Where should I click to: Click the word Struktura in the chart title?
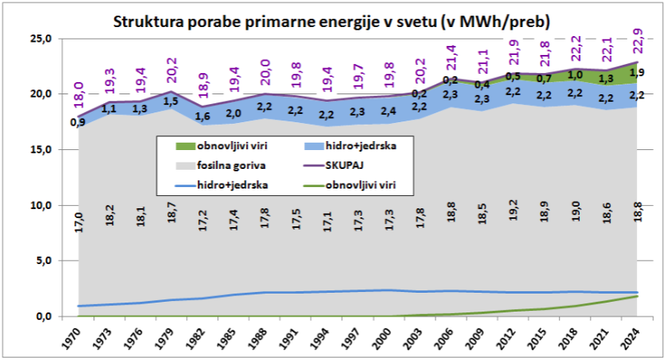point(145,19)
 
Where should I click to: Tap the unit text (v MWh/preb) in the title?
point(483,19)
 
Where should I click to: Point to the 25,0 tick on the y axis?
point(40,39)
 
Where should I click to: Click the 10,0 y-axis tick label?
point(40,205)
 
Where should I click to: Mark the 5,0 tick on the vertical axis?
point(43,261)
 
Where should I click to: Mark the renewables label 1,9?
point(635,72)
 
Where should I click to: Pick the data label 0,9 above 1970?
point(79,123)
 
